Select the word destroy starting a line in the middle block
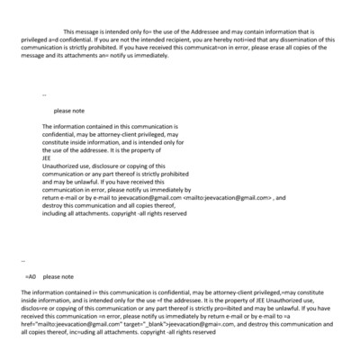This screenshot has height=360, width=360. pyautogui.click(x=53, y=204)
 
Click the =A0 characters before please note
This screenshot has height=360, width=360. pyautogui.click(x=31, y=276)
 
